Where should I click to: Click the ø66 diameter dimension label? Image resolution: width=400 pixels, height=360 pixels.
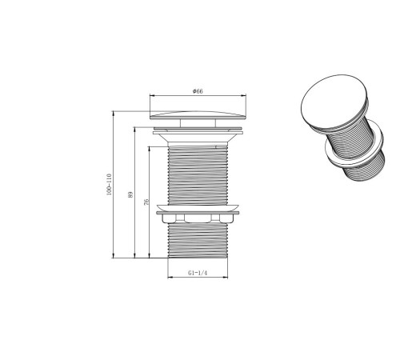pyautogui.click(x=198, y=91)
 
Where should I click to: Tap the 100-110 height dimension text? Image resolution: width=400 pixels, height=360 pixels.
pyautogui.click(x=109, y=185)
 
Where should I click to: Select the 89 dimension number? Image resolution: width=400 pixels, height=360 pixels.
pyautogui.click(x=130, y=194)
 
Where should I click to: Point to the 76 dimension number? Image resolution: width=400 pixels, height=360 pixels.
pyautogui.click(x=146, y=202)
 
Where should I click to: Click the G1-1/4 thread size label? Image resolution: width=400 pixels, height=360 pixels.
pyautogui.click(x=198, y=273)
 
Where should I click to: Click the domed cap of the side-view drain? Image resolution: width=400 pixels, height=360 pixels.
pyautogui.click(x=198, y=115)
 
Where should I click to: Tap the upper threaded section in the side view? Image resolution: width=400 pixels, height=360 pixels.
pyautogui.click(x=198, y=175)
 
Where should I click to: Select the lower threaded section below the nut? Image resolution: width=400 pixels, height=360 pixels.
pyautogui.click(x=198, y=241)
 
